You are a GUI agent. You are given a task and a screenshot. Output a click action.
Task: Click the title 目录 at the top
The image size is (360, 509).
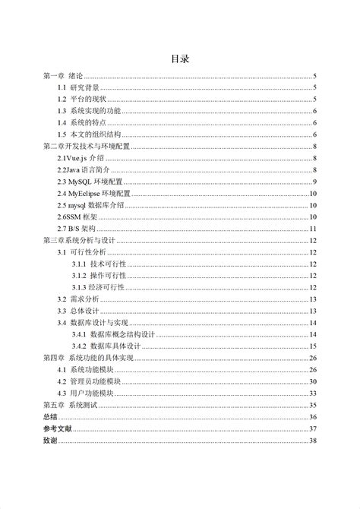(x=179, y=58)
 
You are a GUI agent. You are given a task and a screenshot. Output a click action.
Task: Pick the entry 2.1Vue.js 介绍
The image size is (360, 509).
(x=81, y=158)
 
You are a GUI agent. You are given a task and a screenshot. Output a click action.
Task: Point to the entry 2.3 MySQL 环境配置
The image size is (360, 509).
(x=90, y=182)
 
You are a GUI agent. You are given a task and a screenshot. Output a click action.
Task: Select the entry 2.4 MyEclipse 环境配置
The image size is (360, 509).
(x=94, y=193)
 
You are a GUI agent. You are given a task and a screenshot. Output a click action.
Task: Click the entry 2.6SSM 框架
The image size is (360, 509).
(x=77, y=217)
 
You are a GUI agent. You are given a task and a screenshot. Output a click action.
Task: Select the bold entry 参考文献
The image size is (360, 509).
(x=55, y=428)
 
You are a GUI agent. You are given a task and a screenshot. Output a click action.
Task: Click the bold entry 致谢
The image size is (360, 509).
(x=49, y=441)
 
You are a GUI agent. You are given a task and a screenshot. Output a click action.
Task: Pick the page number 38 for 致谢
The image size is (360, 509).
(x=312, y=441)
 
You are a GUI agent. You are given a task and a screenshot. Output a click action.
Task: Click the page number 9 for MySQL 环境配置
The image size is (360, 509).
(x=314, y=182)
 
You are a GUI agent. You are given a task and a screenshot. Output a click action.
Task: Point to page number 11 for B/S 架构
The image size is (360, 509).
(x=312, y=228)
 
